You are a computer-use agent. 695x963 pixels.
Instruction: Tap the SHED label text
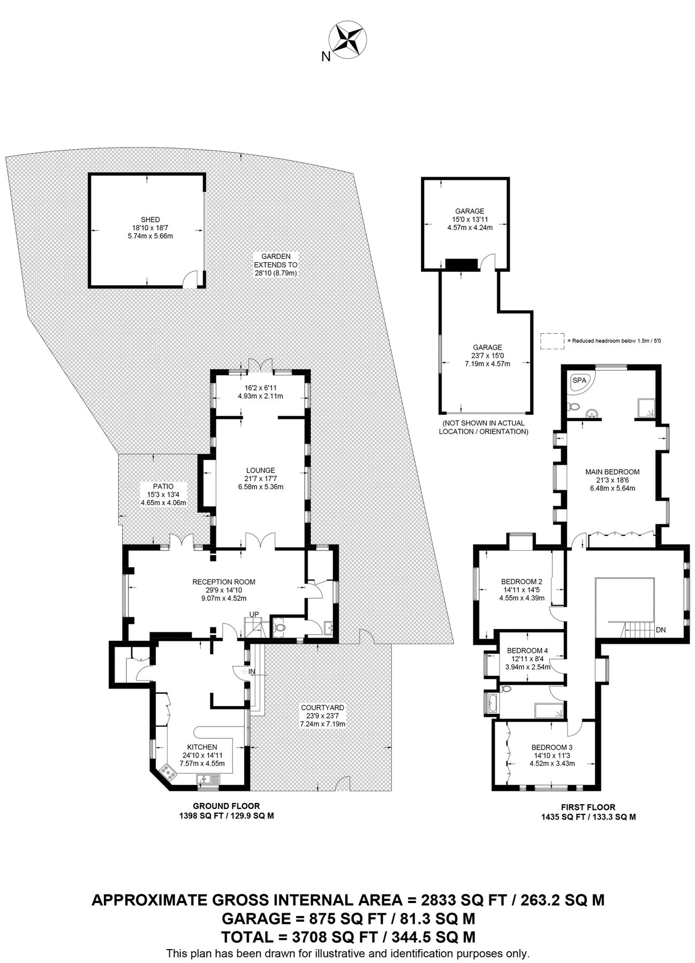pyautogui.click(x=150, y=219)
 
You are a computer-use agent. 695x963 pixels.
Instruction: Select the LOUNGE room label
pyautogui.click(x=260, y=471)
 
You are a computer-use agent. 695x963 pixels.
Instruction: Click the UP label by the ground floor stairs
pyautogui.click(x=254, y=614)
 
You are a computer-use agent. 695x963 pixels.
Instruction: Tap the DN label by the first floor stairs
pyautogui.click(x=661, y=630)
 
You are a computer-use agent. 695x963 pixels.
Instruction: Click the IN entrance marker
pyautogui.click(x=252, y=671)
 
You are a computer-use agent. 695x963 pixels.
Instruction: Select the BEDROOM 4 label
pyautogui.click(x=527, y=651)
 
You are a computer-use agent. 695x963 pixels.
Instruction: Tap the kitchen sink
pyautogui.click(x=207, y=779)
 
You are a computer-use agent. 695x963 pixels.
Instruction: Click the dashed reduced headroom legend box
pyautogui.click(x=552, y=341)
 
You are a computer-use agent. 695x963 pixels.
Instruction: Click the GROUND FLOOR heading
pyautogui.click(x=226, y=806)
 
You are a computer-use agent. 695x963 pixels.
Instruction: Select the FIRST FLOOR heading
pyautogui.click(x=588, y=807)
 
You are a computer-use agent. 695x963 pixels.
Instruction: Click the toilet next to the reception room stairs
pyautogui.click(x=279, y=628)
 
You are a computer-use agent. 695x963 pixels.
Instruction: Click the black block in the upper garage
pyautogui.click(x=461, y=264)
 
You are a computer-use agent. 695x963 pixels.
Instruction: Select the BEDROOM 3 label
pyautogui.click(x=552, y=747)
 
